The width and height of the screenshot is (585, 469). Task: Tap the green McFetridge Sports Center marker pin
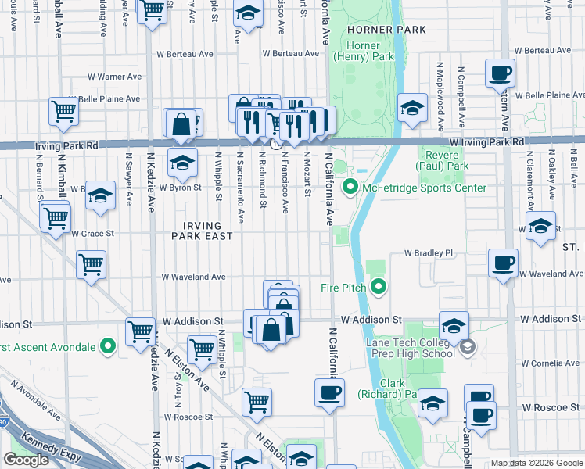(350, 188)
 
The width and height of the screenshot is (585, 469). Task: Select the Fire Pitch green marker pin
(379, 288)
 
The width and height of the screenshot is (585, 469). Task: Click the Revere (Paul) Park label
(442, 160)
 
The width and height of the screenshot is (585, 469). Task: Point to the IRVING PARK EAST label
(203, 231)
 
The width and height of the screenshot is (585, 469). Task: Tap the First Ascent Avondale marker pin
(109, 346)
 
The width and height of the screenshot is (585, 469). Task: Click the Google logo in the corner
(26, 460)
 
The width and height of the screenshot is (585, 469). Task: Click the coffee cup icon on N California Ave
(329, 392)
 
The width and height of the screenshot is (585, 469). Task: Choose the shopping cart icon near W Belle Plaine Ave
(63, 111)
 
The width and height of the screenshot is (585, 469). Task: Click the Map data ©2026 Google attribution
(537, 463)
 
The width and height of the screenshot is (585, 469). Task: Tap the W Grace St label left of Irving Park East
(92, 233)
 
